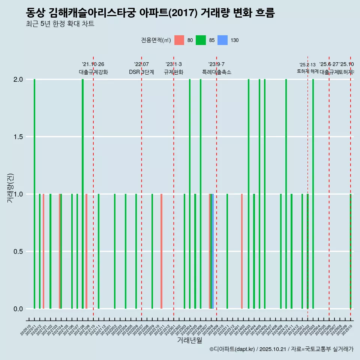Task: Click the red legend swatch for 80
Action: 179,40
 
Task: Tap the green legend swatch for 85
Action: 201,40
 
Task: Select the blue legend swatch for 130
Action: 223,40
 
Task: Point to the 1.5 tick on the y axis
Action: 18,137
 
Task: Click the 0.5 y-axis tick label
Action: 18,252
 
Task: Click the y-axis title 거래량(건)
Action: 10,188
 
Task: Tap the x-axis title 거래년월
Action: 190,340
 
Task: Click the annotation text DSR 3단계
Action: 141,72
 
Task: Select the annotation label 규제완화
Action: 174,72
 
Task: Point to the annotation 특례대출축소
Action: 216,72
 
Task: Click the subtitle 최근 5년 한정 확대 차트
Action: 60,24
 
